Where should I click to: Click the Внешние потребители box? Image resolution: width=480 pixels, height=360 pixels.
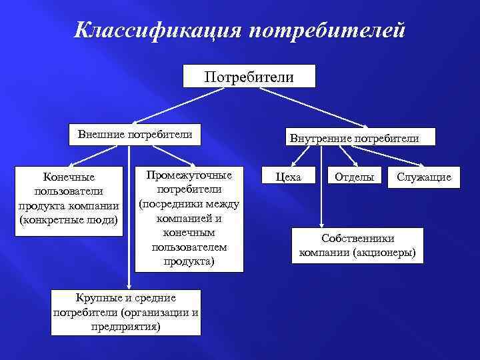(x=135, y=134)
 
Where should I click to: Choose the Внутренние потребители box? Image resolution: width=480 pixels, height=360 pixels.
(x=353, y=138)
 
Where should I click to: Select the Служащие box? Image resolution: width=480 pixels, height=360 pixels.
(x=424, y=177)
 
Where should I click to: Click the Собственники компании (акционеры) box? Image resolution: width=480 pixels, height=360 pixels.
(x=357, y=245)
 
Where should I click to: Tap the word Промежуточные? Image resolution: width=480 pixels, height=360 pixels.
(x=189, y=175)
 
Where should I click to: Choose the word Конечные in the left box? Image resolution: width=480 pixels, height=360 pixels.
(x=69, y=177)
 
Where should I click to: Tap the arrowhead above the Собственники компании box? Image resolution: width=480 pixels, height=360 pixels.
(x=322, y=225)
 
